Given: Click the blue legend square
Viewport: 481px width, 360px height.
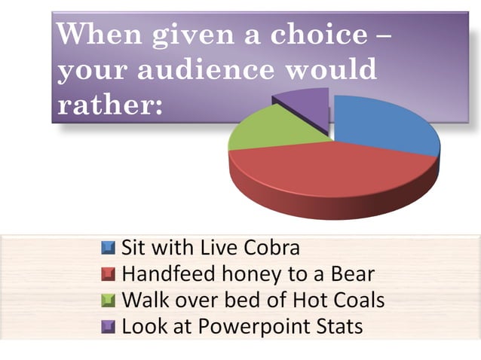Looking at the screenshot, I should click(x=109, y=247).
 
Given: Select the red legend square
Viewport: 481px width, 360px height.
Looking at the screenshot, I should click(x=109, y=273).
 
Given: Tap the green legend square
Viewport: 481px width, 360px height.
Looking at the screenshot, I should click(x=109, y=301).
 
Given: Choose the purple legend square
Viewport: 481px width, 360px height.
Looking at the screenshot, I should click(x=109, y=327).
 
